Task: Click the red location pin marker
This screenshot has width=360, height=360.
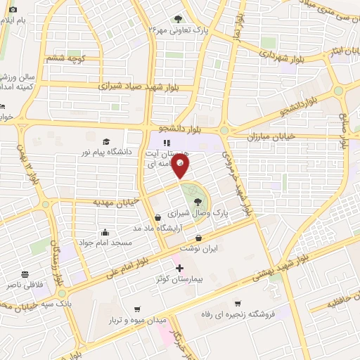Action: click(x=181, y=166)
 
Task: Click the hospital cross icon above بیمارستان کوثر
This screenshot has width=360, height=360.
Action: click(x=179, y=268)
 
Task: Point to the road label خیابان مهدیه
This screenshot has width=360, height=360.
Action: click(x=117, y=202)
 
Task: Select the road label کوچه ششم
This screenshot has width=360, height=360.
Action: click(x=65, y=59)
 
